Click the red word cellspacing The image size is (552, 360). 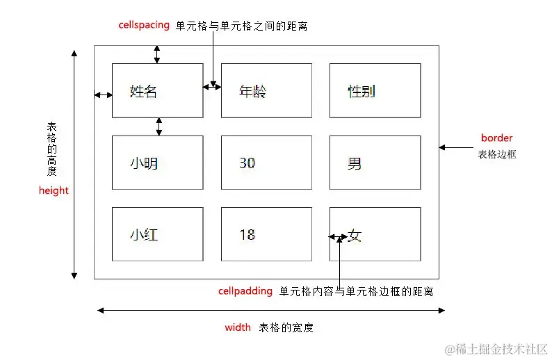coord(144,25)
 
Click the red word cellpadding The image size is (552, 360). coord(245,291)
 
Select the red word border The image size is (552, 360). coord(496,138)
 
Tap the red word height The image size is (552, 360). coord(54,190)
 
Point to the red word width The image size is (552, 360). coord(238,327)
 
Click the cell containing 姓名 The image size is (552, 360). coord(157,90)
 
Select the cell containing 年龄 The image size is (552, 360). coord(266,90)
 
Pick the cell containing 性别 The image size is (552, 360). coord(375,90)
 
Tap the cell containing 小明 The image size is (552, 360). coord(157,163)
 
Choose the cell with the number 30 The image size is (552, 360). coord(266,163)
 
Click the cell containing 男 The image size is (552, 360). coord(375,163)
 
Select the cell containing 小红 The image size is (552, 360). coord(157,234)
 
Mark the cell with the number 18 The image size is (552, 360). coord(266,234)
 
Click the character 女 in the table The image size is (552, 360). coord(355,236)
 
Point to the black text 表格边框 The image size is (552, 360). coord(497,154)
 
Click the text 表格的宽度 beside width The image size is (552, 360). coord(282,327)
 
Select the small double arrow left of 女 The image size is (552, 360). coord(339,238)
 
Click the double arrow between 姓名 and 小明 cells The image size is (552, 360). coord(159,126)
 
